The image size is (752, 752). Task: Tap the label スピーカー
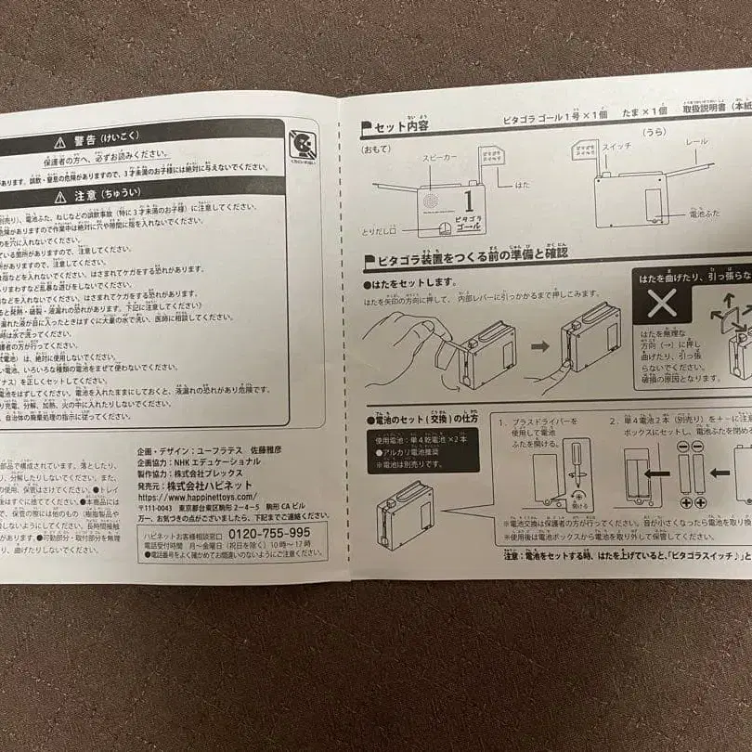click(x=441, y=159)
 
